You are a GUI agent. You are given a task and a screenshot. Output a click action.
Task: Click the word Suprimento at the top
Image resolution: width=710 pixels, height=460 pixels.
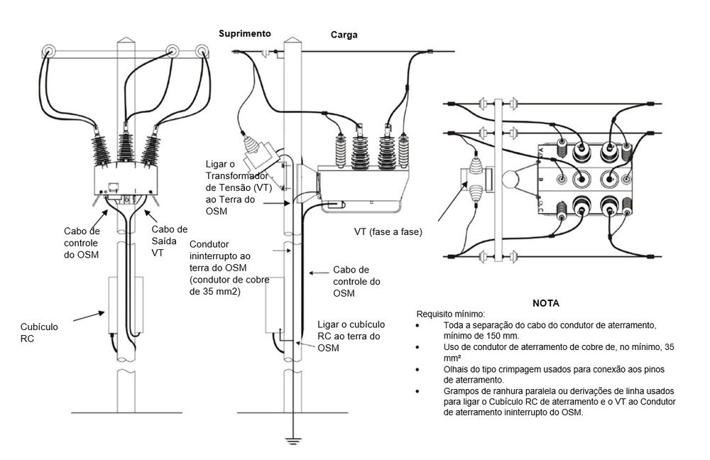pos(244,34)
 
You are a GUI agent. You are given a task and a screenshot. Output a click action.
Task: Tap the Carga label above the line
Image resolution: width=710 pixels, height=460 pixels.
pos(344,35)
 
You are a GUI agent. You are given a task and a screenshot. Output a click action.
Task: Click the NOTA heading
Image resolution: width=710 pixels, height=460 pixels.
pos(545,303)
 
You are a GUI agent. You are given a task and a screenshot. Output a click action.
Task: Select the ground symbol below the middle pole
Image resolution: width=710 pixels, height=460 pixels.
pos(293,441)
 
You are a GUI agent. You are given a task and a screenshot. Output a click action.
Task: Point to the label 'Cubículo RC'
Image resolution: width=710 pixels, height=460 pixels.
pos(39,333)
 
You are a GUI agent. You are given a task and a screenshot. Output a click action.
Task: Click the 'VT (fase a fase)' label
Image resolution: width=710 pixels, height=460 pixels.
pos(388,232)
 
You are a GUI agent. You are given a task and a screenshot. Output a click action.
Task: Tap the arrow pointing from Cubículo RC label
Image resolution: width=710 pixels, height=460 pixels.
pos(89,316)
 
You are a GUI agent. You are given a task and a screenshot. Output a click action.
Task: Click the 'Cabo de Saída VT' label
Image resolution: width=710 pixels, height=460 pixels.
pos(170,241)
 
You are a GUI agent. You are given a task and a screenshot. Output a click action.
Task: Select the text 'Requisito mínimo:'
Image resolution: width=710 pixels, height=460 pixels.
pos(451,314)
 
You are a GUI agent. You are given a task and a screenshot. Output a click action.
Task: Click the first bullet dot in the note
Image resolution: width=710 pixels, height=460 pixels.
pos(417,326)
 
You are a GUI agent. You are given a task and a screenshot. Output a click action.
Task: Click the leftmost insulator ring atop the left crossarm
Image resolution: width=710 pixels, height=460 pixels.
pos(48,50)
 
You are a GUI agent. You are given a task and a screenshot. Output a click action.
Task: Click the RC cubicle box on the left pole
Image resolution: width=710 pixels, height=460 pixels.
pos(126,305)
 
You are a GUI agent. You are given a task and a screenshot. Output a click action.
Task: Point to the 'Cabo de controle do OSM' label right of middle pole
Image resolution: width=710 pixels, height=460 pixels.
pos(356,281)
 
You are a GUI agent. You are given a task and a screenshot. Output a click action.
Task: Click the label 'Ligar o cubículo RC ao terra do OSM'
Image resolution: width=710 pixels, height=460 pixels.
pos(351,336)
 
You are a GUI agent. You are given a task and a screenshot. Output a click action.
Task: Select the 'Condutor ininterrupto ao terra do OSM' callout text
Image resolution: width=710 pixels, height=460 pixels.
pos(229,268)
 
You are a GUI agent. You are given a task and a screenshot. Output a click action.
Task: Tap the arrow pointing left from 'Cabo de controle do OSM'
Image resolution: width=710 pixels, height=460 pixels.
pos(319,273)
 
